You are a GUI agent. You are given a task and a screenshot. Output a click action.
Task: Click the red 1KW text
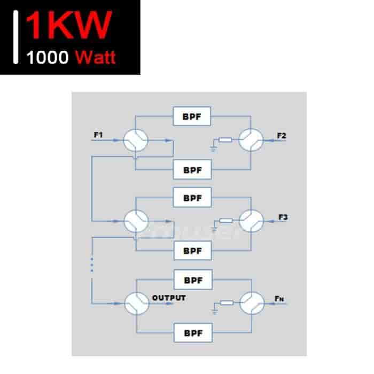coord(69,25)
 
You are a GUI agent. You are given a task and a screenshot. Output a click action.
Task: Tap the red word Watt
coord(96,57)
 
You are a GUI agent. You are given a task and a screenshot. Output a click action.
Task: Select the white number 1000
coord(48,58)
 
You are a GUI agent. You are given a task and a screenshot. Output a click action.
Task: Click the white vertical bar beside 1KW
coord(15,37)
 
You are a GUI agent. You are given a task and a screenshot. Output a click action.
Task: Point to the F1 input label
coord(98,135)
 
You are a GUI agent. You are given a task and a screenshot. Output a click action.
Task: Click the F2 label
coord(282,136)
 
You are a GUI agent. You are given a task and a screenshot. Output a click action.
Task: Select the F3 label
coord(283,217)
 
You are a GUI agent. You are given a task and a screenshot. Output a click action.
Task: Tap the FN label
coord(279,299)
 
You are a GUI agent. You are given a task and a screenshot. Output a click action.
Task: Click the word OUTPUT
coord(169,298)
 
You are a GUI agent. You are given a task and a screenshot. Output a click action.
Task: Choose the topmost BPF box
coord(192,116)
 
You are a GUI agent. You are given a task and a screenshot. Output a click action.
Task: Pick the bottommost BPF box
coord(193,333)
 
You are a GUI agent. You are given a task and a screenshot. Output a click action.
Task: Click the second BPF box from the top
coord(192,169)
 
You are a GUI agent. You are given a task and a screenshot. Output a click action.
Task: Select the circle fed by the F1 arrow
coord(136,140)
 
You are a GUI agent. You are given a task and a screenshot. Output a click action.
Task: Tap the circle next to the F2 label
coord(251,140)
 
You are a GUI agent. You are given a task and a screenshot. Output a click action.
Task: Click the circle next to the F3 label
coord(251,221)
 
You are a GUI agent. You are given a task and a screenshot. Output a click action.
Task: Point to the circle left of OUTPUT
coord(137,303)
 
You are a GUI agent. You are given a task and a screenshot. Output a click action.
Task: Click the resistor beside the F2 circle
coord(225,139)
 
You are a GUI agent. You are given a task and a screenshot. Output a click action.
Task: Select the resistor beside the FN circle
coord(227,303)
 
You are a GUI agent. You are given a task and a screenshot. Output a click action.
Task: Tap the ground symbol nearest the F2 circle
coord(213,150)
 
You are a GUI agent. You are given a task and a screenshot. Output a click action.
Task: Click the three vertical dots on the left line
coord(92,265)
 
